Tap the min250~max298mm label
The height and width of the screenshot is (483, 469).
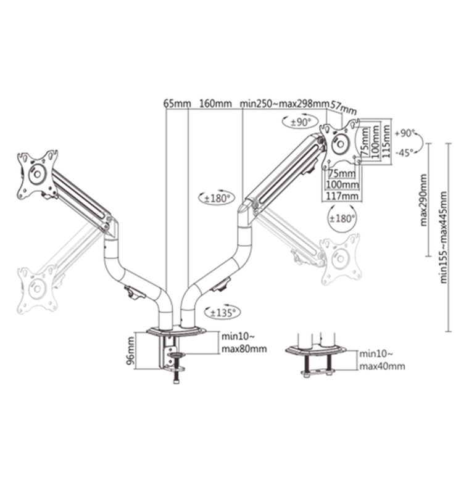coord(284,103)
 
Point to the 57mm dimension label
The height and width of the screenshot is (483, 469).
coord(344,107)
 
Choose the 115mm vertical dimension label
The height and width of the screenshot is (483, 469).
coord(386,142)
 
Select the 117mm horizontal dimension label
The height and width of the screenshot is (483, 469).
coord(342,196)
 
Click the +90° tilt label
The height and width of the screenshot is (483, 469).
coord(406,133)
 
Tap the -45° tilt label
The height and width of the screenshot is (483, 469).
coord(406,154)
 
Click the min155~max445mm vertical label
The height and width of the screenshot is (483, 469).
coord(443,237)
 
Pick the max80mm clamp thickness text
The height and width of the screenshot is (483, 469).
coord(244,349)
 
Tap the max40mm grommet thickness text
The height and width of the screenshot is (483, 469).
coord(383,366)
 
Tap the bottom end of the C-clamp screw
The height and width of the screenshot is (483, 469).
coord(176,382)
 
